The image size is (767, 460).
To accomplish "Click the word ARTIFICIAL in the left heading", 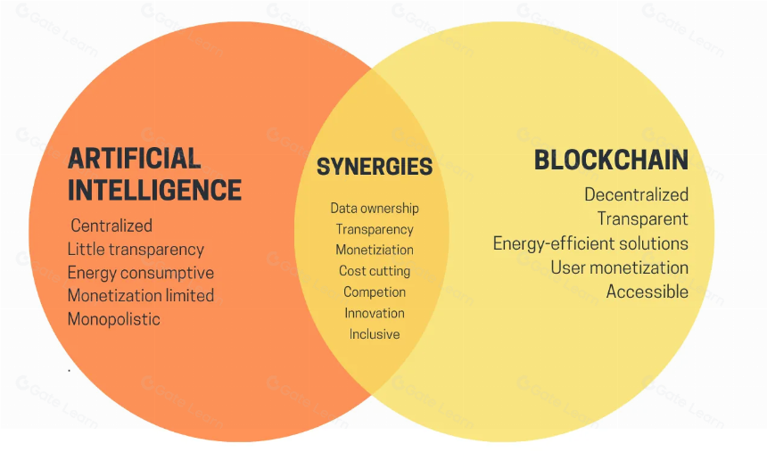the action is pos(135,158).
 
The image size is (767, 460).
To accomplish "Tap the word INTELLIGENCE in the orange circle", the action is pos(154,190).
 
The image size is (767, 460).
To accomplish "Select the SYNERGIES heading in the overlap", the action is pos(375,167).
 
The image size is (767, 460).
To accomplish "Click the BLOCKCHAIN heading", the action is pos(612,160).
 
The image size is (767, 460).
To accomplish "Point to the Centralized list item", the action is pos(111,226).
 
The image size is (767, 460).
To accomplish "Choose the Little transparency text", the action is pos(136,250).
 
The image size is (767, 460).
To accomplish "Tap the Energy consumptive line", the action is pos(141,273).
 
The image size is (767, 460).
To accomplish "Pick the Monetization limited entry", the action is pos(141,296).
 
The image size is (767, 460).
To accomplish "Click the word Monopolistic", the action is pos(114,320).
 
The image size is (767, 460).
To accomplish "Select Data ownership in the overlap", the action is pos(375,209).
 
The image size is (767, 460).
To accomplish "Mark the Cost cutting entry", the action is pos(375,271).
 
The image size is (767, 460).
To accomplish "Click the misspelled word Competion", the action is pos(375,292).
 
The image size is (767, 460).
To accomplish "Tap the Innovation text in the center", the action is pos(375,313).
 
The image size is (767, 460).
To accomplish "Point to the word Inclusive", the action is pos(375,334).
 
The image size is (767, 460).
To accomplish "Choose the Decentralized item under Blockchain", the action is pos(637,194).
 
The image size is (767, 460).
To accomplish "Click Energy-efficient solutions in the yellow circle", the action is pos(591,243).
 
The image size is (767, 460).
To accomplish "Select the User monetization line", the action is pos(620,267).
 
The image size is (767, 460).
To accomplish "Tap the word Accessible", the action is pos(647,292).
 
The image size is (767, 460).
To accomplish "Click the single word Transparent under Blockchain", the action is pos(643,219).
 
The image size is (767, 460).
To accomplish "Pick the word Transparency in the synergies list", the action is pos(375,230).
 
